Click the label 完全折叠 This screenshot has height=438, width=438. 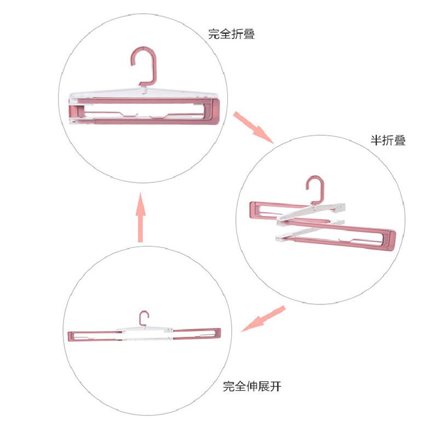tap(232, 34)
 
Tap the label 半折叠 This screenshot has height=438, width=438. tap(388, 140)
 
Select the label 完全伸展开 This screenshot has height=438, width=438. tap(252, 387)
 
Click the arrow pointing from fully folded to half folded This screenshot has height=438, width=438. tap(253, 128)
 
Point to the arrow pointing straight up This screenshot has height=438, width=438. tap(141, 217)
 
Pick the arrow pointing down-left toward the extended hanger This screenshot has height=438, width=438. tap(263, 319)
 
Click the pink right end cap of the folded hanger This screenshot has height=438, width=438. tap(214, 112)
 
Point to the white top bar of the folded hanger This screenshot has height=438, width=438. tap(143, 93)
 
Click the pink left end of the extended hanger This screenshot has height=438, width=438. tap(71, 337)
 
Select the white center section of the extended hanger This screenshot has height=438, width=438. tap(145, 334)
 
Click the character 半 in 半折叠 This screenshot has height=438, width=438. tap(376, 140)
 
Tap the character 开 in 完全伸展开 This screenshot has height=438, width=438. tap(276, 387)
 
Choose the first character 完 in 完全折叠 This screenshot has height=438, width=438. tap(214, 34)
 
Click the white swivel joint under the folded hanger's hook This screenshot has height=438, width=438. tap(143, 90)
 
